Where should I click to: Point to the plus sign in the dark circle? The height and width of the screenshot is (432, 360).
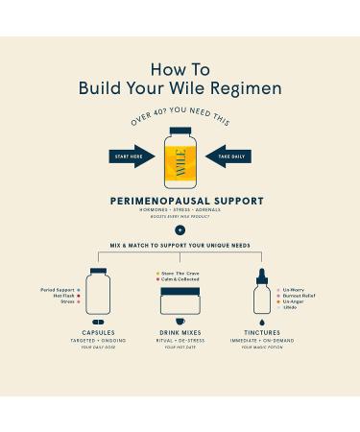(180, 230)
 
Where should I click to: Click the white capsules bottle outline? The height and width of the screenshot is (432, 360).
(98, 290)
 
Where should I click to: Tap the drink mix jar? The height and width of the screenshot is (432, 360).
(180, 299)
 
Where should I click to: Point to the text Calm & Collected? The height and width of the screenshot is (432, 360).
(182, 279)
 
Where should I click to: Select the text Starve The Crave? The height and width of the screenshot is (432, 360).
(182, 273)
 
